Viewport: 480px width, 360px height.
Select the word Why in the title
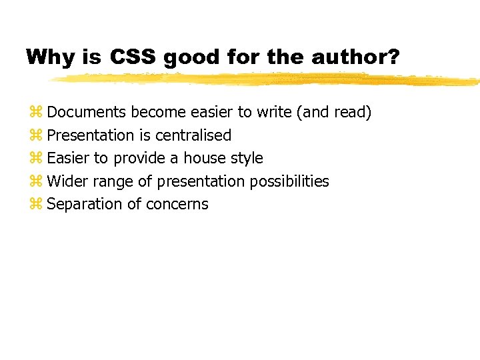click(51, 57)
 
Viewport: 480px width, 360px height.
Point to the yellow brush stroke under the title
click(267, 79)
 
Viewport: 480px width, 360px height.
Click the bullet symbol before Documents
click(36, 113)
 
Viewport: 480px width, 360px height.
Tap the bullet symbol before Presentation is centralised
click(36, 136)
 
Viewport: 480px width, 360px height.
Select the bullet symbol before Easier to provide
click(36, 159)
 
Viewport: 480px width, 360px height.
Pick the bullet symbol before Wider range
click(36, 182)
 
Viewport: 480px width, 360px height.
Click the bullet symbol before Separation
click(36, 205)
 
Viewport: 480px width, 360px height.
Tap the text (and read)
click(336, 113)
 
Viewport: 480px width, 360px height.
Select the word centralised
click(193, 135)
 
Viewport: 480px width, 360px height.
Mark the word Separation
click(84, 205)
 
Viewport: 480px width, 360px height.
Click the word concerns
click(183, 205)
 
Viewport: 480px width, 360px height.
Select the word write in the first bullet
click(273, 112)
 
